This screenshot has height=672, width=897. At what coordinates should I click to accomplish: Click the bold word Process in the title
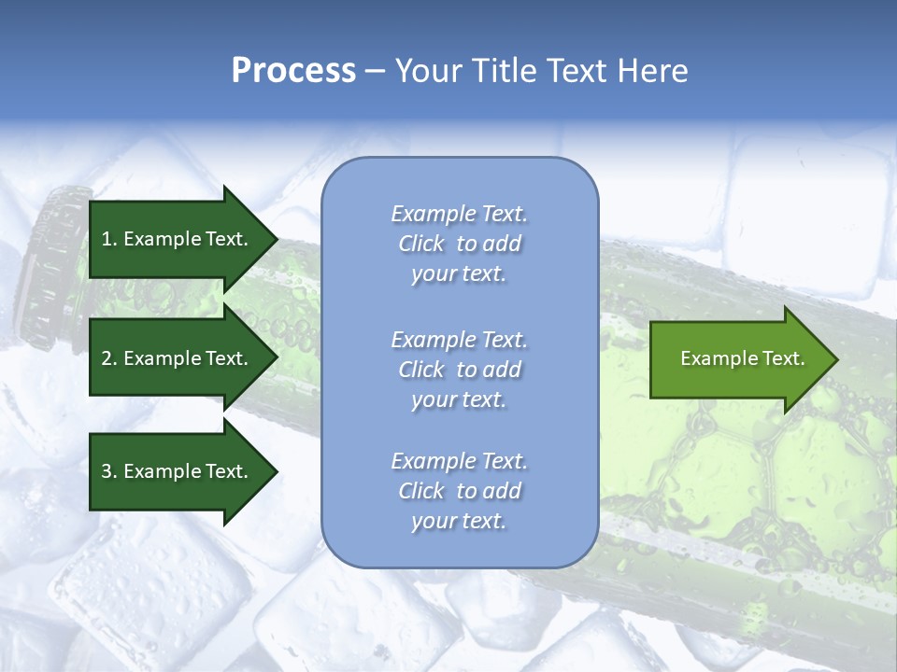(x=293, y=71)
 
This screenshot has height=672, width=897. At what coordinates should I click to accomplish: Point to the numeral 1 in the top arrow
(x=106, y=239)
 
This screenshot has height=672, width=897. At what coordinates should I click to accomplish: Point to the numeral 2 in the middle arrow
(x=107, y=358)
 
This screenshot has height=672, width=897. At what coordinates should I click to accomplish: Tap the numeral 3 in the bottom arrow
(x=107, y=471)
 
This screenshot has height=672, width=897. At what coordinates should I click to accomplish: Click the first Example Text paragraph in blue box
(x=459, y=244)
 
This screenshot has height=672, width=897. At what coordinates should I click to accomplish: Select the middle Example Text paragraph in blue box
(x=459, y=370)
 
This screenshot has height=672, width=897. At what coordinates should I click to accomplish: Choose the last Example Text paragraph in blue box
(x=459, y=491)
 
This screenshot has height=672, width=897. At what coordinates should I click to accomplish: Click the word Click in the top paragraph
(x=421, y=244)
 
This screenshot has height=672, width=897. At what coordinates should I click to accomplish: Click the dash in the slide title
(x=375, y=71)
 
